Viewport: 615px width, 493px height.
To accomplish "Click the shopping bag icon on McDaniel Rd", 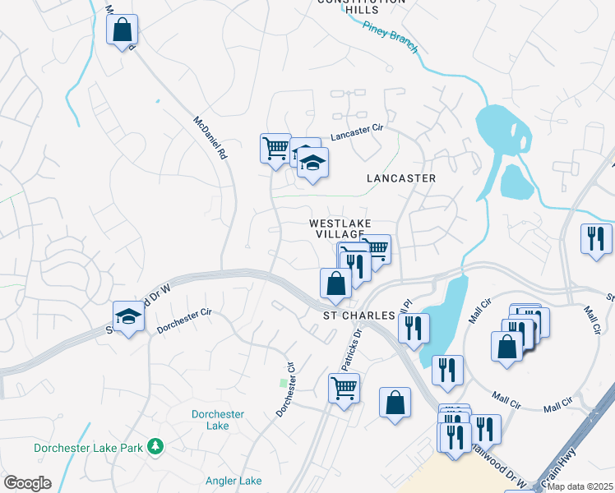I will (122, 31).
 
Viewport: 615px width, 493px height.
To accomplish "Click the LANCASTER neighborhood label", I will (401, 177).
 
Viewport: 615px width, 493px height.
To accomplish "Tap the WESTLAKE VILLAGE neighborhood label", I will (340, 229).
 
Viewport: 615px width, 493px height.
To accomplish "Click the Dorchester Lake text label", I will (218, 420).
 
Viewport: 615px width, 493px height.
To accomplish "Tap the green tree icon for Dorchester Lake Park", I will (155, 448).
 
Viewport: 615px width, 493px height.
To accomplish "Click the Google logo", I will (27, 483).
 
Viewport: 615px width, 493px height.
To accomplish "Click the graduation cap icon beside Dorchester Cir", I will (128, 317).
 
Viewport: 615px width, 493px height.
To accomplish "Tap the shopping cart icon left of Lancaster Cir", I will (275, 149).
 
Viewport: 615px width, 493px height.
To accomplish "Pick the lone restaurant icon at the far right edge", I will (596, 239).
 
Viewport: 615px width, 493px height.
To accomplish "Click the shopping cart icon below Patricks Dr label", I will (344, 386).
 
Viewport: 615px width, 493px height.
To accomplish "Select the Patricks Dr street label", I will (352, 349).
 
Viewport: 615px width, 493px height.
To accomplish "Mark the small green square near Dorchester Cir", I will (284, 383).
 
